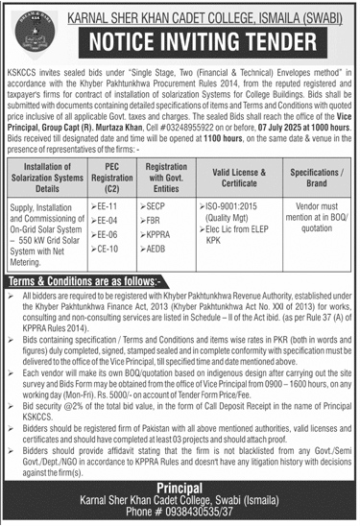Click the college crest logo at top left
tap(27, 25)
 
